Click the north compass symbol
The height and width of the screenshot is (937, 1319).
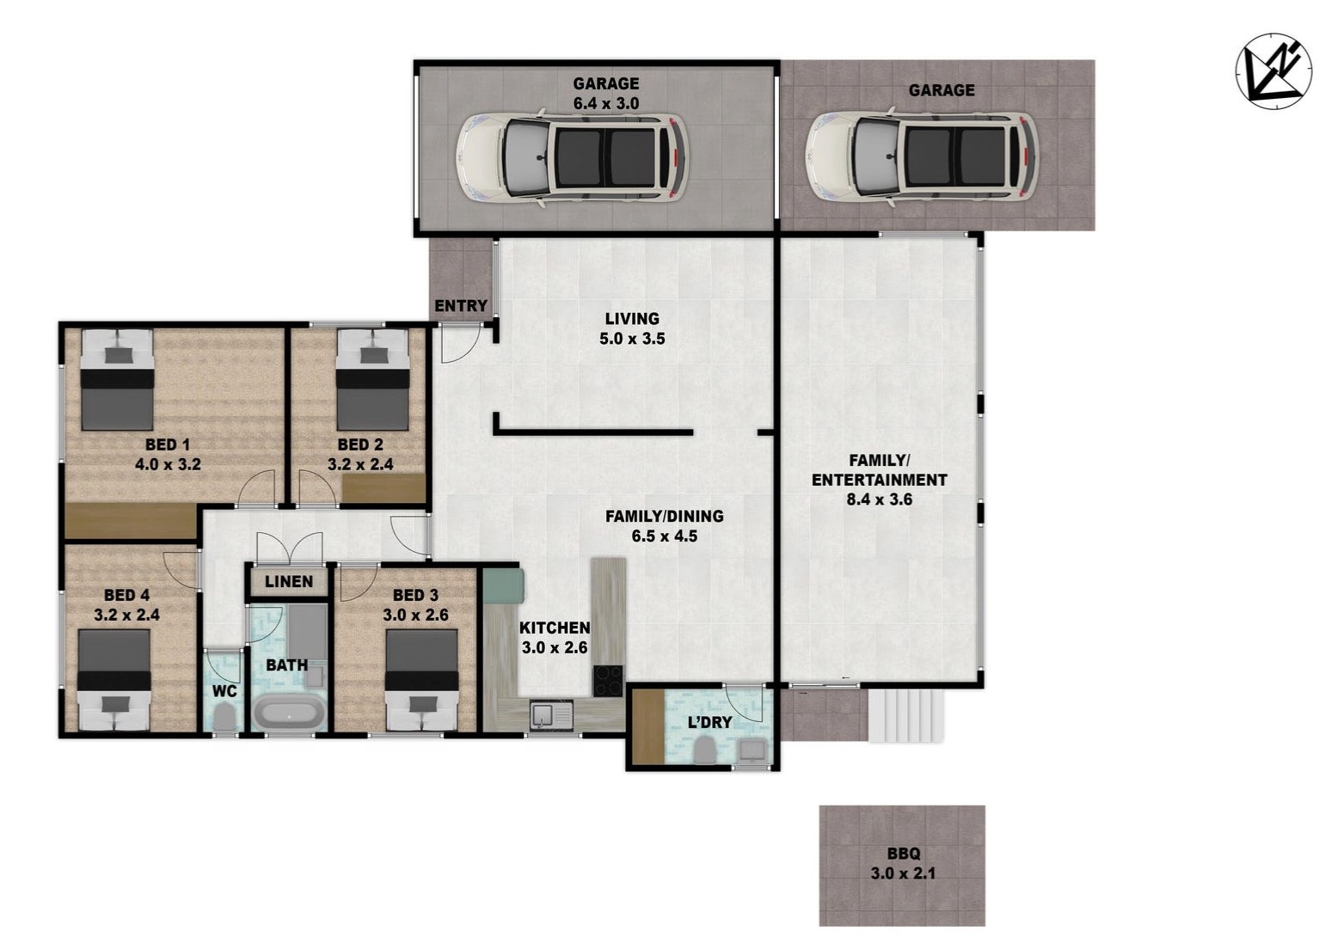pos(1273,71)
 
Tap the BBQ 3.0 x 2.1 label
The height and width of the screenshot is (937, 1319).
pos(904,863)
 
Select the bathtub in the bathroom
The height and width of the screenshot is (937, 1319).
pos(288,713)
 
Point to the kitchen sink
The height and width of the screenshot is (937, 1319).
pos(551,715)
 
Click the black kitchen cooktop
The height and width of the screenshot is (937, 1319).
pos(608,681)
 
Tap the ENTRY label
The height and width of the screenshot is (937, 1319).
pos(461,306)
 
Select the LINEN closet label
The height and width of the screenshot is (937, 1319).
pos(289,581)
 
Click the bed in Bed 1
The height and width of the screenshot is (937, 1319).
pos(117,380)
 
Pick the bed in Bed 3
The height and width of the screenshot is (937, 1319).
pos(421,680)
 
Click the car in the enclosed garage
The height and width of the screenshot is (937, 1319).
pos(571,157)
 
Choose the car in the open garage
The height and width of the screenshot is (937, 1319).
pos(922,157)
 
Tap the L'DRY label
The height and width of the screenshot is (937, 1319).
pos(709,722)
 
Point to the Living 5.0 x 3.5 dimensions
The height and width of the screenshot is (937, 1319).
pos(632,339)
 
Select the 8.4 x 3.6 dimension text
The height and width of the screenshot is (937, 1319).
pos(879,499)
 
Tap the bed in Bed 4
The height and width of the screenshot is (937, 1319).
pos(114,680)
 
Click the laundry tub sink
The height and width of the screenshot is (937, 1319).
pos(752,751)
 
